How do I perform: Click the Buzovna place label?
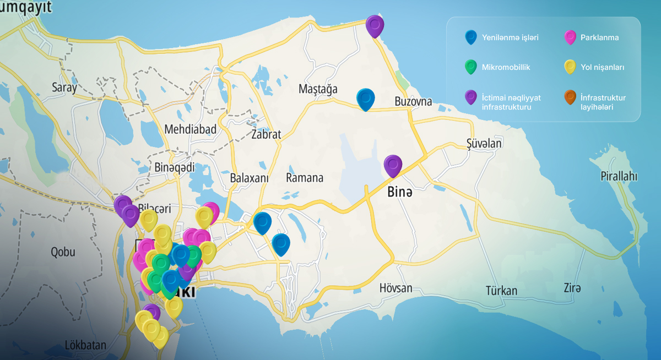click(x=413, y=101)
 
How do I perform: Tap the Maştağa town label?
click(x=318, y=89)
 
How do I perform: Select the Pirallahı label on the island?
click(x=619, y=176)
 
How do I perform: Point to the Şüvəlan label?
click(x=484, y=143)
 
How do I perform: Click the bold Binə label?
click(x=399, y=193)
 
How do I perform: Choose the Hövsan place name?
click(x=395, y=288)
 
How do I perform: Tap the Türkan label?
click(x=501, y=290)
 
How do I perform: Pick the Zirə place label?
click(x=572, y=287)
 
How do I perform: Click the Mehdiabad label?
click(x=190, y=129)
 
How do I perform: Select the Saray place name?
click(x=64, y=87)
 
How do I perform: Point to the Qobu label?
click(x=62, y=252)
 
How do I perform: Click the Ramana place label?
click(x=305, y=178)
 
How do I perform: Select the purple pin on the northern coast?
click(x=375, y=25)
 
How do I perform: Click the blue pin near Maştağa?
click(x=365, y=99)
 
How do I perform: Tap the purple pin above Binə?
click(x=393, y=165)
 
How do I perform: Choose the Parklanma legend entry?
click(x=599, y=38)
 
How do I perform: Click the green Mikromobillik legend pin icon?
click(x=470, y=67)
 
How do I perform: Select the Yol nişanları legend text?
click(x=602, y=67)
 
